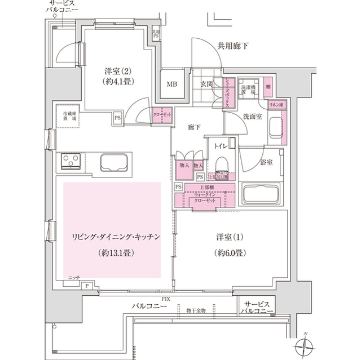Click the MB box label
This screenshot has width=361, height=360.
click(171, 84)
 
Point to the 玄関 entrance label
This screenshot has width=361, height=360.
click(206, 84)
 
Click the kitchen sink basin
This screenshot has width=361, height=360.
click(116, 163)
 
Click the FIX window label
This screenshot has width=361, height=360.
click(166, 297)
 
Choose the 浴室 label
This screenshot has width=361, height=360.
click(266, 163)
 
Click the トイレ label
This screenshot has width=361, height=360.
click(220, 145)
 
